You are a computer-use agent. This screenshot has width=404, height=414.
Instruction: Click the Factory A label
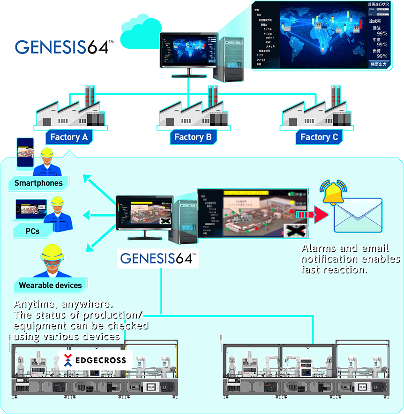(x=68, y=137)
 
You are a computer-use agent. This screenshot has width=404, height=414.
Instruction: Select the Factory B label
(x=193, y=137)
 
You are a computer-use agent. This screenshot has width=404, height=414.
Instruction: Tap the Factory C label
(x=319, y=137)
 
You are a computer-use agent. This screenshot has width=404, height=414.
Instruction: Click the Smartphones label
(x=38, y=183)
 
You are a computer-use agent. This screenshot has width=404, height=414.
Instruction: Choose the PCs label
(x=32, y=231)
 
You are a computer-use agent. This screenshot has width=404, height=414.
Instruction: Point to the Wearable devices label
(x=50, y=285)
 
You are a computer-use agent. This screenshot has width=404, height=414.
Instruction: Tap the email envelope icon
(x=358, y=215)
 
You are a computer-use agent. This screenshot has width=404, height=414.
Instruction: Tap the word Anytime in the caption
(x=32, y=304)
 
